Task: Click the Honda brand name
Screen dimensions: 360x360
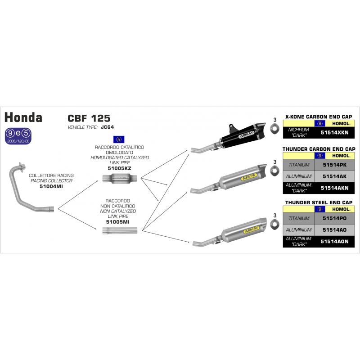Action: (x=23, y=117)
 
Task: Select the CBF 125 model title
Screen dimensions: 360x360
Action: (x=89, y=118)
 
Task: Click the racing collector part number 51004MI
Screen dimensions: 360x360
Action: (x=51, y=186)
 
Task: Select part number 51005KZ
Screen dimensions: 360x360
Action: (x=119, y=168)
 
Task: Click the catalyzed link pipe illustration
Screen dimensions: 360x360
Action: (x=119, y=180)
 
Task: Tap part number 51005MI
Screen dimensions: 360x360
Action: (x=119, y=222)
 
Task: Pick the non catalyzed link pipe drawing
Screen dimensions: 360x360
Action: (x=119, y=231)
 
